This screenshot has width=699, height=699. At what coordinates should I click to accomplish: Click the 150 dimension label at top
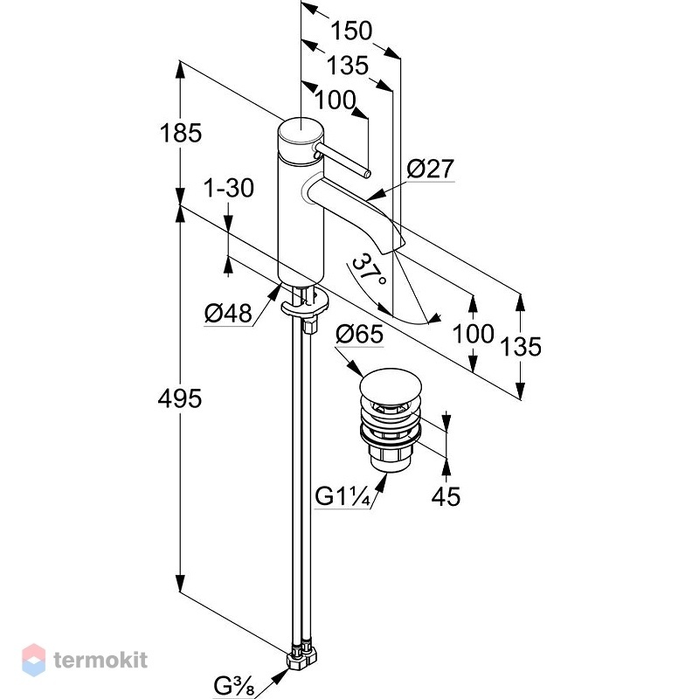[351, 31]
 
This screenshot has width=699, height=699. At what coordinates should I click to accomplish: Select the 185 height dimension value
[181, 133]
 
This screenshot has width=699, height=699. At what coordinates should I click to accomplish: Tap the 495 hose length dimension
[180, 398]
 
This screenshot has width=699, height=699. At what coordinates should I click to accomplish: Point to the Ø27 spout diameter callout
[430, 169]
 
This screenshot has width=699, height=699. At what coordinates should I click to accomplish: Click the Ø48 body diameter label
[228, 313]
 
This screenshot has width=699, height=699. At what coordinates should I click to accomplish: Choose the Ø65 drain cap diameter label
[359, 334]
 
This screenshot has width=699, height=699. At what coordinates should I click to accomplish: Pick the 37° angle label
[369, 269]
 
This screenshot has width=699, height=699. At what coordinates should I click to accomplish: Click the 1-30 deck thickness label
[229, 188]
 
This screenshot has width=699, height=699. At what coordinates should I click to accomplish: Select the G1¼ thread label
[343, 495]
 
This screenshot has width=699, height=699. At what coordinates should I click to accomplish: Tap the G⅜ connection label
[233, 686]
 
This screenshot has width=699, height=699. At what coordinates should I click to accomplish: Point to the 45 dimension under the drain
[446, 496]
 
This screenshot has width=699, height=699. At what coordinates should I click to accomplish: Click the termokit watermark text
[100, 660]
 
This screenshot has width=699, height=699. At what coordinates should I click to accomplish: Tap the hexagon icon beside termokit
[34, 660]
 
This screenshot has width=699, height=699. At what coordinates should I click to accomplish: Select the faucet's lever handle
[342, 159]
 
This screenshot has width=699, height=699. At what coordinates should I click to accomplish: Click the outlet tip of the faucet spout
[395, 248]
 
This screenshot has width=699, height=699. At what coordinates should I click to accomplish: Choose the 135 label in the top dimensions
[348, 66]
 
